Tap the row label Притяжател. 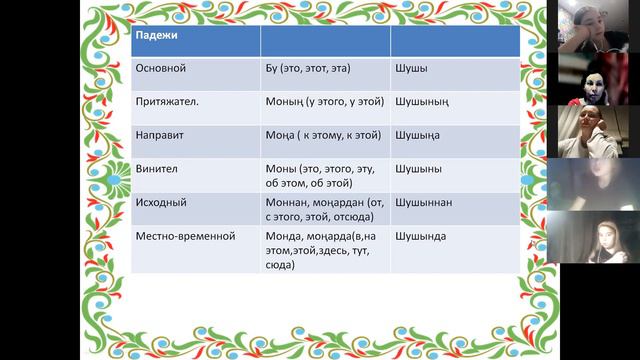(169, 103)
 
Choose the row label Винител (158, 169)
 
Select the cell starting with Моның (322, 103)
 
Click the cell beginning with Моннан (320, 209)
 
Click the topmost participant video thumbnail (593, 26)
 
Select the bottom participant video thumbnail (593, 236)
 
